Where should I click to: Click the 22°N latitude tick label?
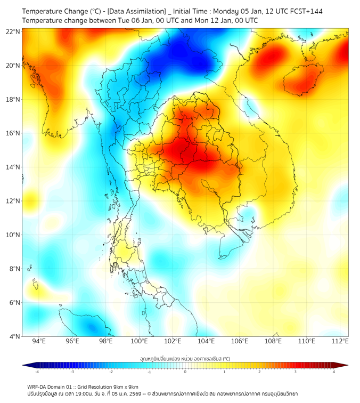[13, 31]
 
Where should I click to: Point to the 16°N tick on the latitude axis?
[13, 133]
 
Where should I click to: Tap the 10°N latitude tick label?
[13, 235]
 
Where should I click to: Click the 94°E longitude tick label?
[39, 342]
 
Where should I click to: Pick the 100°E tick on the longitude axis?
[140, 342]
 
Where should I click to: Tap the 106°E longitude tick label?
[240, 342]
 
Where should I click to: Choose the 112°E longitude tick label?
[341, 342]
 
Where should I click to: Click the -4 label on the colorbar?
[36, 372]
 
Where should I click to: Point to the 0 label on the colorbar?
[185, 372]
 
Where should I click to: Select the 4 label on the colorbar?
[334, 372]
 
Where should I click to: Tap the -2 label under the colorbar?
[111, 372]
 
